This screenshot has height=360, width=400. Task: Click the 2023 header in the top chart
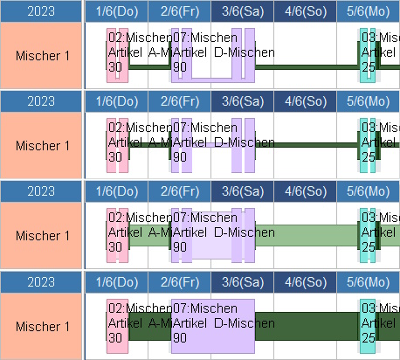tap(41, 11)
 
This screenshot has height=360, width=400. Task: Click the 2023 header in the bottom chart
tap(41, 282)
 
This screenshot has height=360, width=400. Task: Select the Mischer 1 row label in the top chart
tap(42, 55)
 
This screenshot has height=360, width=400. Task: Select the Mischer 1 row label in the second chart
tap(42, 145)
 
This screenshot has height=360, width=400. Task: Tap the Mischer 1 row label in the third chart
tap(42, 235)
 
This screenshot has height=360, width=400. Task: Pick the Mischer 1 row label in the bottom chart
tap(42, 326)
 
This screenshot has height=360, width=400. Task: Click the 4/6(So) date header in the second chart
tap(304, 101)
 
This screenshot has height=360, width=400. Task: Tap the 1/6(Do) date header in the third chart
tap(116, 191)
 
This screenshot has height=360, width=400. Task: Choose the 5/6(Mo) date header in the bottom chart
tap(368, 282)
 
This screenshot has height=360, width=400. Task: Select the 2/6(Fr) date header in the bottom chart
tap(179, 282)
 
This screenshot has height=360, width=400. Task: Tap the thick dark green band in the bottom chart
tap(306, 326)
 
